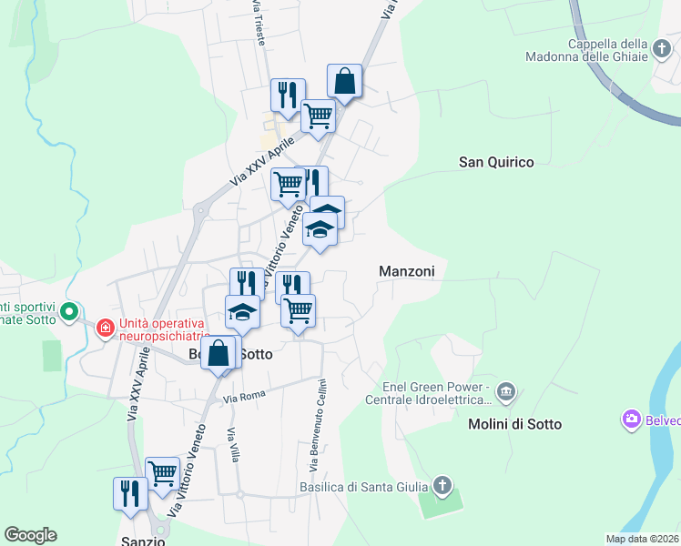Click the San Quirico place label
496,162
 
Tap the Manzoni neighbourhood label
407,271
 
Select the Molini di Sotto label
515,424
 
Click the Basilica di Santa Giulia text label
366,488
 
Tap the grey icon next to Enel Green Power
507,393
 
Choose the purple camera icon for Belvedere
631,420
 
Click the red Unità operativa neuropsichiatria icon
106,327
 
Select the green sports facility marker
68,314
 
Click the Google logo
30,535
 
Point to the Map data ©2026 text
642,539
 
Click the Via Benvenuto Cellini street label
316,425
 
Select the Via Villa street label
235,444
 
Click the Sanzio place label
143,540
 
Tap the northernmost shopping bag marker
345,81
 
